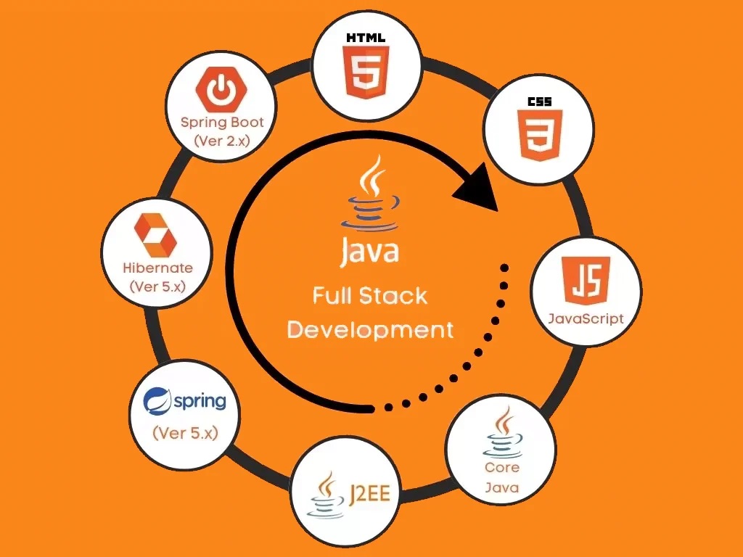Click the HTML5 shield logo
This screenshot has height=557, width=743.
tap(366, 72)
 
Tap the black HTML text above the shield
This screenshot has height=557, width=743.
tap(366, 38)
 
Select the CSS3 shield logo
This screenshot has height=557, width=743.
tap(540, 136)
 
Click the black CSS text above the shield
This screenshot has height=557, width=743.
tap(540, 102)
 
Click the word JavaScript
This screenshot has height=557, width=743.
tap(586, 318)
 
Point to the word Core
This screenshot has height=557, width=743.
tap(502, 468)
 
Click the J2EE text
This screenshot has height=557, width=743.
tap(370, 494)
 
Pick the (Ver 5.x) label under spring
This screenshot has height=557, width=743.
tap(185, 433)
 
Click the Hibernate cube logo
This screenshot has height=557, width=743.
tap(156, 235)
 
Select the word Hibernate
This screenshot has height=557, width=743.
tap(157, 268)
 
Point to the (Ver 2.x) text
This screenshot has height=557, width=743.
tap(222, 141)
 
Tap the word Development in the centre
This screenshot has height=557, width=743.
tap(370, 330)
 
